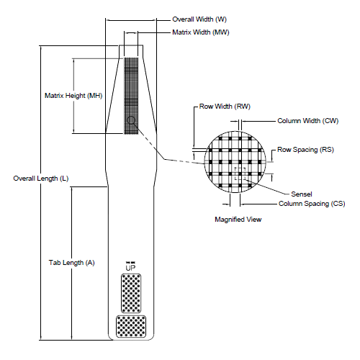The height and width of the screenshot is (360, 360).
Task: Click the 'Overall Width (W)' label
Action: [x=203, y=19]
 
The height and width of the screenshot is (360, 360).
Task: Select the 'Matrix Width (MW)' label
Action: [x=202, y=33]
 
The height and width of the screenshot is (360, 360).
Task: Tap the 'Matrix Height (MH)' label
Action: [x=73, y=95]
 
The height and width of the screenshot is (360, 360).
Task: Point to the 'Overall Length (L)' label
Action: [x=41, y=178]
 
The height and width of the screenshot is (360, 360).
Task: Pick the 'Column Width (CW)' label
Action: [x=307, y=121]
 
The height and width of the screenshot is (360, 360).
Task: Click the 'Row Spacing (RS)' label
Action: [x=307, y=150]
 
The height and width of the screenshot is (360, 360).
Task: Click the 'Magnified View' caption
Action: [x=238, y=219]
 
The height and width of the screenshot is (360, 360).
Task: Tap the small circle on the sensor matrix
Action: [x=130, y=121]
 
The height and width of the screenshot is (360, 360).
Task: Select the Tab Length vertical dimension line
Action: [x=73, y=302]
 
